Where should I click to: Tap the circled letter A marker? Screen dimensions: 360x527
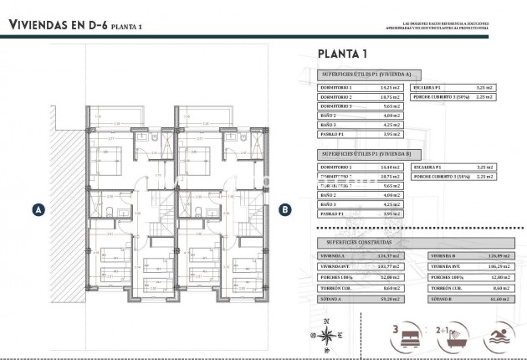click(37, 210)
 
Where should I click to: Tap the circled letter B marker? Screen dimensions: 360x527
click(284, 210)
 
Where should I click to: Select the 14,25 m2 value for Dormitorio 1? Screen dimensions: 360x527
click(391, 87)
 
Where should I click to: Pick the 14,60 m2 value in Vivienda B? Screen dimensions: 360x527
click(391, 167)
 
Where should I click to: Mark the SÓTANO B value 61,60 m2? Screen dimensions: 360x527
click(500, 297)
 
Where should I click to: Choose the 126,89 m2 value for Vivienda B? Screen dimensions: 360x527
click(500, 255)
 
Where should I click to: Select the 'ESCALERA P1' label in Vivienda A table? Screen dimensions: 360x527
click(428, 87)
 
